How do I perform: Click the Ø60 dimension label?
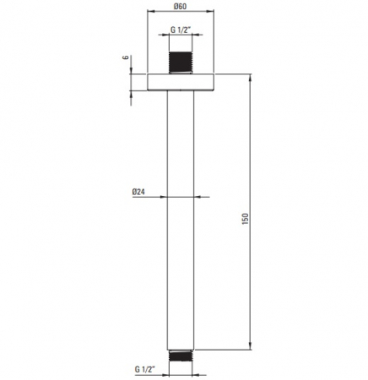[180, 6]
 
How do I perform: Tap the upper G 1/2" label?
[181, 30]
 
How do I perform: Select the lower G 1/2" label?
[145, 369]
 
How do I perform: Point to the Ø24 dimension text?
[138, 192]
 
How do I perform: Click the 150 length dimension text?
[246, 219]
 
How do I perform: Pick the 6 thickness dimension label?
[126, 57]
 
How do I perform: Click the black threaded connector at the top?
[181, 62]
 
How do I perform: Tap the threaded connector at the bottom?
[181, 356]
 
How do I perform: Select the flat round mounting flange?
[181, 82]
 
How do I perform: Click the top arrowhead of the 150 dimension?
[251, 78]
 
